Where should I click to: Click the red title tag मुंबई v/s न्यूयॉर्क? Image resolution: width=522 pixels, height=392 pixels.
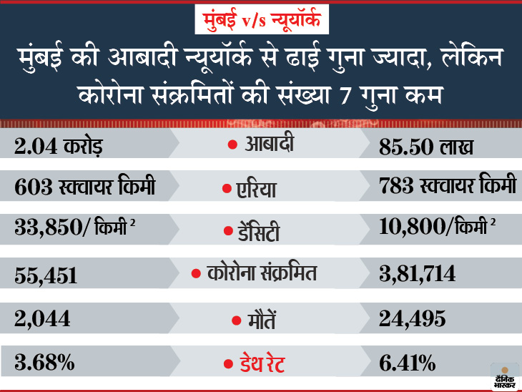click(x=261, y=21)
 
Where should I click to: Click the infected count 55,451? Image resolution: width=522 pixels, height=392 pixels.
click(x=44, y=275)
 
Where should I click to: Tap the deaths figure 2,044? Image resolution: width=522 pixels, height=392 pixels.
click(x=39, y=319)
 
